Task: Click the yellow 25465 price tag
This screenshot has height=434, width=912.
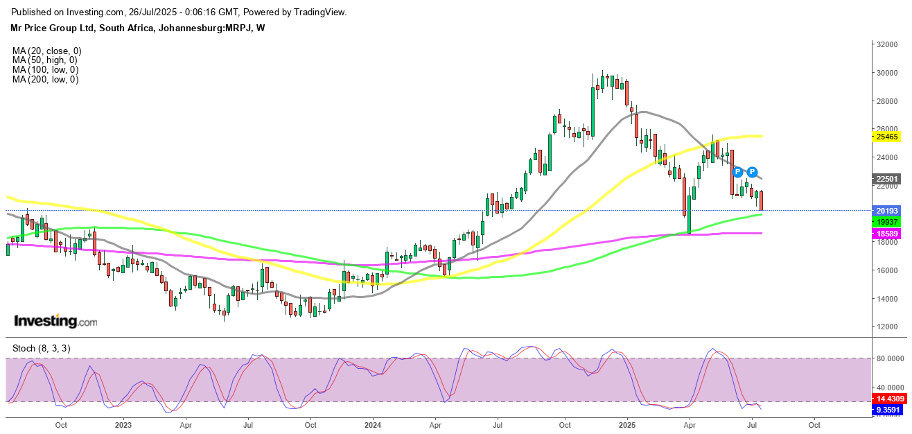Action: [886, 137]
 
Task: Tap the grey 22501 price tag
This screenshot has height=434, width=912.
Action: [886, 178]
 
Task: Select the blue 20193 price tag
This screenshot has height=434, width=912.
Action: [886, 211]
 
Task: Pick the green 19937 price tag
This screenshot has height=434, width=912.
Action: [886, 221]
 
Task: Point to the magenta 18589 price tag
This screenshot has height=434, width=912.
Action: [886, 235]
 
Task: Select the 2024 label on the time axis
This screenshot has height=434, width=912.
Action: [373, 424]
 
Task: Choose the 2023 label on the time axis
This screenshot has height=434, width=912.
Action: [123, 424]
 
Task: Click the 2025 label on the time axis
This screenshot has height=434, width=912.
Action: [627, 424]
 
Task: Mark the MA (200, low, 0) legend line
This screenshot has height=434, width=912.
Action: [45, 80]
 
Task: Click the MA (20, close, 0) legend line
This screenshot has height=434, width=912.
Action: [46, 51]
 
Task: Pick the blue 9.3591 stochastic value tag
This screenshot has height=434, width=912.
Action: [888, 410]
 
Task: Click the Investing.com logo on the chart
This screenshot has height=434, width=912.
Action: [55, 322]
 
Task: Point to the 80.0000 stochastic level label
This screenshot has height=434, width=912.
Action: [891, 358]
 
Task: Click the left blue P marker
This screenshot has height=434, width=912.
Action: [738, 171]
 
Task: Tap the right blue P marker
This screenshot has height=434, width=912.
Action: [752, 171]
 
